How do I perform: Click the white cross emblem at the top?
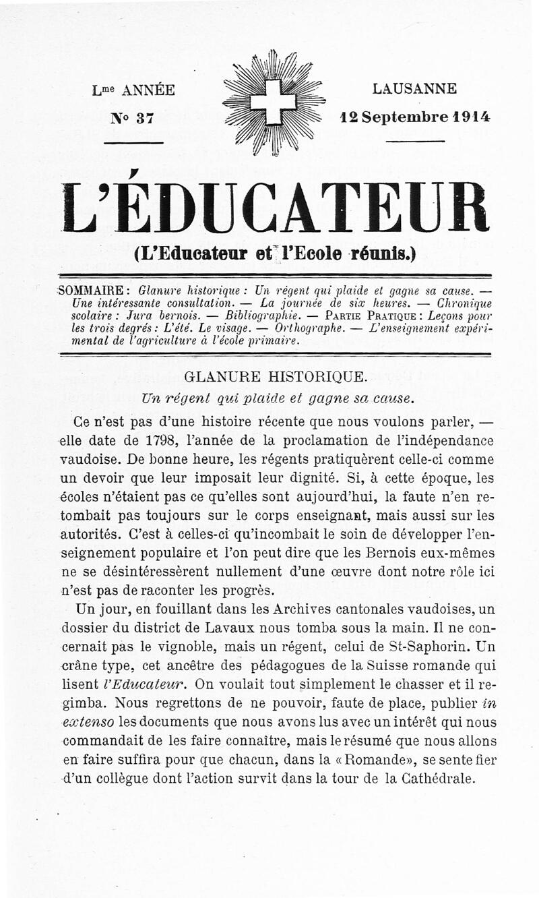point(273,102)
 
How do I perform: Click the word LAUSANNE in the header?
point(414,89)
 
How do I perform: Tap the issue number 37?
point(145,118)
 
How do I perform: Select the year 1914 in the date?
point(472,116)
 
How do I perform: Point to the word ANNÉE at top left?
point(148,90)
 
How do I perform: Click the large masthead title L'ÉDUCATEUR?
point(274,208)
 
